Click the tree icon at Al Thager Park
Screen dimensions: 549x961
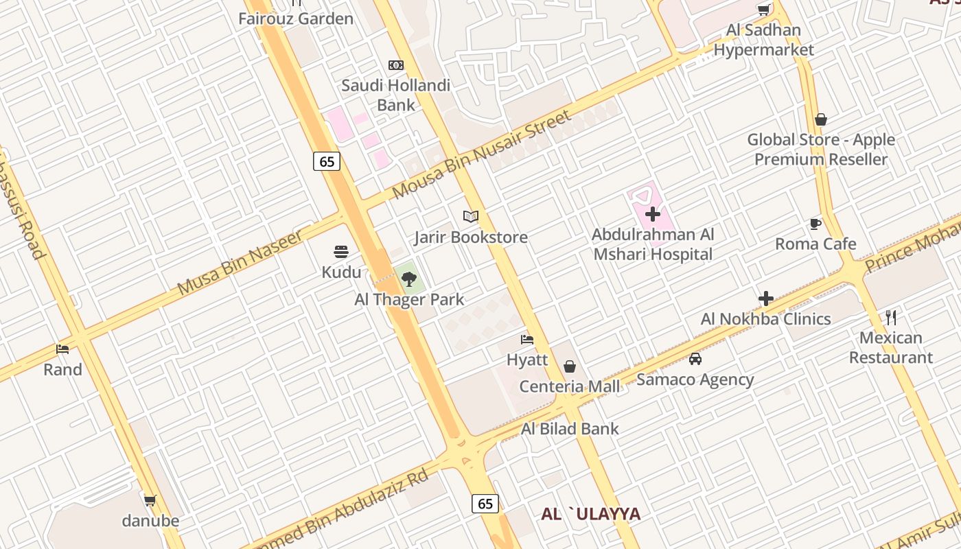(x=409, y=279)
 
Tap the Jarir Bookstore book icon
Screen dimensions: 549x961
(x=470, y=217)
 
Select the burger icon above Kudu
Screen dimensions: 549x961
(x=341, y=252)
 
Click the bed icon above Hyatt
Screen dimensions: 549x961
(x=527, y=339)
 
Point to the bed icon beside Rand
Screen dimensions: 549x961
(x=62, y=349)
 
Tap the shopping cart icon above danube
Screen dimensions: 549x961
(x=150, y=500)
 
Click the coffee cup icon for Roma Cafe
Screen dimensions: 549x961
(x=815, y=224)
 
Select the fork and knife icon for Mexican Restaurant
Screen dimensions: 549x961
(x=891, y=317)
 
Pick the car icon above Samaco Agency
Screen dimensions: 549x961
(x=695, y=359)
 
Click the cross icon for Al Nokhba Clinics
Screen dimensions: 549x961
(x=766, y=299)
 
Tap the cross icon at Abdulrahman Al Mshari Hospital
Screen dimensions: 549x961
(x=653, y=214)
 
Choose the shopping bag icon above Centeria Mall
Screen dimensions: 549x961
(x=569, y=366)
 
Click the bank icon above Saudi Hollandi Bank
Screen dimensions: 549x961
(x=396, y=65)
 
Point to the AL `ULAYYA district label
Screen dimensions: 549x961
(x=591, y=514)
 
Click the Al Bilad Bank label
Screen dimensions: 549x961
(x=570, y=429)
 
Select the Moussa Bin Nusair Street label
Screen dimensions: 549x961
(x=481, y=155)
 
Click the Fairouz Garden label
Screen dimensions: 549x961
(x=296, y=19)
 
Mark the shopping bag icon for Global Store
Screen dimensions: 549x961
(x=820, y=119)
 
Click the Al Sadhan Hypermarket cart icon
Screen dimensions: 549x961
(x=763, y=10)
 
